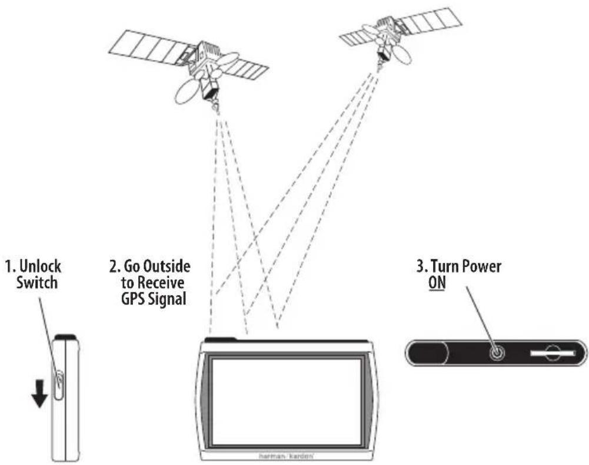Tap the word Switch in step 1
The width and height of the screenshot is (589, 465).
pyautogui.click(x=37, y=282)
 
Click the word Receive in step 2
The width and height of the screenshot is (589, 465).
pyautogui.click(x=161, y=282)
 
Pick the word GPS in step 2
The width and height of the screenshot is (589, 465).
pyautogui.click(x=133, y=299)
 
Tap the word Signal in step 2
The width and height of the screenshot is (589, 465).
pyautogui.click(x=168, y=299)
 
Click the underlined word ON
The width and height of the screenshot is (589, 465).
pyautogui.click(x=437, y=282)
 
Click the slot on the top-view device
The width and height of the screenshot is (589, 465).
pyautogui.click(x=553, y=353)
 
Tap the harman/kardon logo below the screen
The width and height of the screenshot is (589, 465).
pyautogui.click(x=286, y=456)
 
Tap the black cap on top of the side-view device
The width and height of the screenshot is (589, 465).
pyautogui.click(x=66, y=337)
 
